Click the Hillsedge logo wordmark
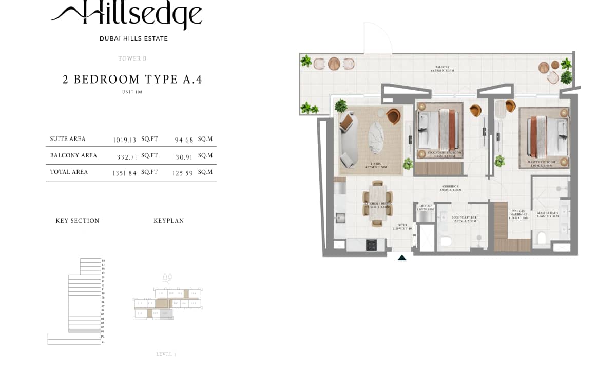tap(127, 15)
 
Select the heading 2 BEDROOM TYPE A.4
tap(132, 80)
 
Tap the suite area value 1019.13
tap(125, 140)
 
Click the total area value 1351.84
tap(125, 173)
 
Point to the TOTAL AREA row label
tap(69, 172)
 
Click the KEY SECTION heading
tap(78, 221)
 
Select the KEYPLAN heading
tap(169, 221)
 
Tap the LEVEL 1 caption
tap(166, 354)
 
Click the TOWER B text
tap(132, 58)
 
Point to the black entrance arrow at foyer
tap(402, 258)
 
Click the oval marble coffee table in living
tap(379, 137)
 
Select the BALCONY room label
tap(442, 67)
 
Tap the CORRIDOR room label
tap(451, 187)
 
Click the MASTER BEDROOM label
tap(542, 162)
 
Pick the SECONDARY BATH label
tap(465, 217)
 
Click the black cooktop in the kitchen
tap(372, 245)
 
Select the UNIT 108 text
tap(132, 92)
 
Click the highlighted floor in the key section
tap(85, 331)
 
